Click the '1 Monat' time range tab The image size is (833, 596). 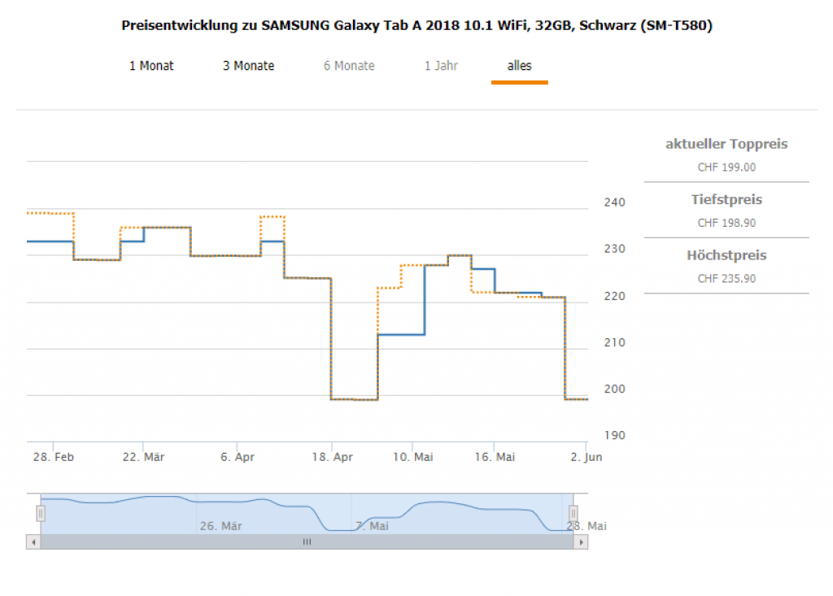click(151, 66)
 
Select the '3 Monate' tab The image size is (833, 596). click(248, 66)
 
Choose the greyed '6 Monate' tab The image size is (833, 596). click(349, 66)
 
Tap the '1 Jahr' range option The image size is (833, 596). click(441, 66)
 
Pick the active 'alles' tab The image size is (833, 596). click(519, 66)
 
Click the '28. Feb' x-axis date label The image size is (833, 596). click(54, 458)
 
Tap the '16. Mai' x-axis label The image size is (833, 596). click(495, 458)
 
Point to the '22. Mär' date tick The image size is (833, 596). click(143, 458)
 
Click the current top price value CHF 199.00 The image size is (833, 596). click(726, 167)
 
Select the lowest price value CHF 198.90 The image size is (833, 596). click(726, 223)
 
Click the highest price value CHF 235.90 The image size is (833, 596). click(726, 278)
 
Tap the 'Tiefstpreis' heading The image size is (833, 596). click(726, 200)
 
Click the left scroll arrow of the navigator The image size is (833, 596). click(33, 542)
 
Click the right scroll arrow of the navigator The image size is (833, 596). click(580, 542)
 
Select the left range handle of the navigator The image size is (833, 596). click(41, 513)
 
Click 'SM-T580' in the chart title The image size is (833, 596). click(677, 26)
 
